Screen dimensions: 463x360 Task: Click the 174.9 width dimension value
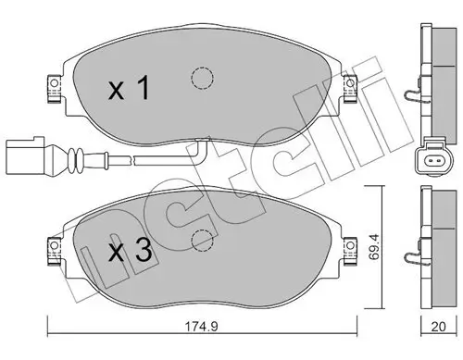coord(201,326)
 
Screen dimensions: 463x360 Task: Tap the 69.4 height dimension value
coord(375,247)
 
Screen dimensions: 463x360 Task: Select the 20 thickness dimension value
coord(438,327)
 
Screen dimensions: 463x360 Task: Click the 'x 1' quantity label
coord(129,88)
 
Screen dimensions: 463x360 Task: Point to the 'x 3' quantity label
coord(131,251)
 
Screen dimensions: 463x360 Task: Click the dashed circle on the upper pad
coord(202,78)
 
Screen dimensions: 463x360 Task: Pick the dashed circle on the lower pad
coord(203,241)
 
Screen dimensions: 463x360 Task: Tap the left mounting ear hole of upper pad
coord(54,83)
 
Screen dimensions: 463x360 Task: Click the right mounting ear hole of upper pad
coord(350,83)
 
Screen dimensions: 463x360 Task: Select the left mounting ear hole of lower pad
coord(54,245)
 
